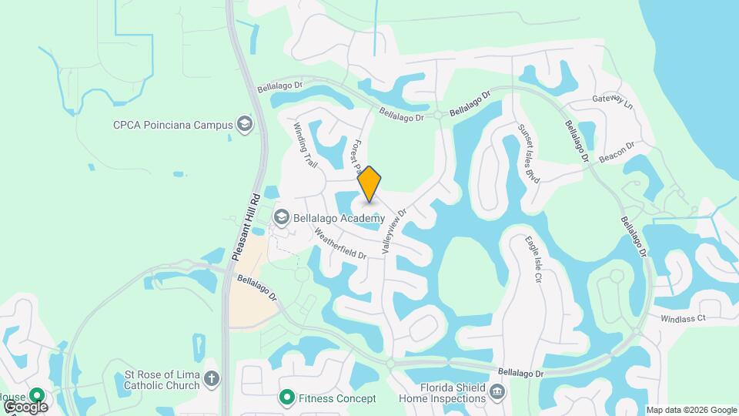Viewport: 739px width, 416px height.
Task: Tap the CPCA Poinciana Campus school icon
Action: click(245, 125)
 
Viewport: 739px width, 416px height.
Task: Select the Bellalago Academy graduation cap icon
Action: click(280, 218)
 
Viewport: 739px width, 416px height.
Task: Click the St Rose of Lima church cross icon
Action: click(212, 379)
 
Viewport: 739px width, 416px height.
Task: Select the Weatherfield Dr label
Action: click(339, 242)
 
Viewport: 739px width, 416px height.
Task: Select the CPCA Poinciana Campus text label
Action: click(172, 125)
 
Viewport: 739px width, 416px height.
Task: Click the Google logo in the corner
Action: click(25, 406)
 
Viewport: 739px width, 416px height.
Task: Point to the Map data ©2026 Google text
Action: click(691, 410)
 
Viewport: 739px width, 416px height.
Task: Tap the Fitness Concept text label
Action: click(339, 398)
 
